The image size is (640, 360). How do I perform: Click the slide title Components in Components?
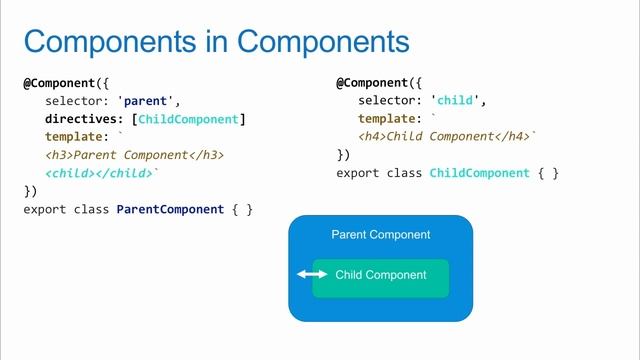point(216,41)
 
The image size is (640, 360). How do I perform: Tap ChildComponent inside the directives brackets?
point(188,119)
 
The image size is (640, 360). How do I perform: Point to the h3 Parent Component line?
point(135,155)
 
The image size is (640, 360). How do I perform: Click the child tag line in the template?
point(99,173)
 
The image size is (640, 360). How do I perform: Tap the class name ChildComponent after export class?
point(479,173)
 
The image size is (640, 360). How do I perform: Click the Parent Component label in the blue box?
point(380,235)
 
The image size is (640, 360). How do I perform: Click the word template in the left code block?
point(75,137)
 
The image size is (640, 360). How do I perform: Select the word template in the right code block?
point(387,119)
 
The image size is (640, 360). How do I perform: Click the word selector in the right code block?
point(387,101)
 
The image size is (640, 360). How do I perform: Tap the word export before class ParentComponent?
point(45,209)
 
